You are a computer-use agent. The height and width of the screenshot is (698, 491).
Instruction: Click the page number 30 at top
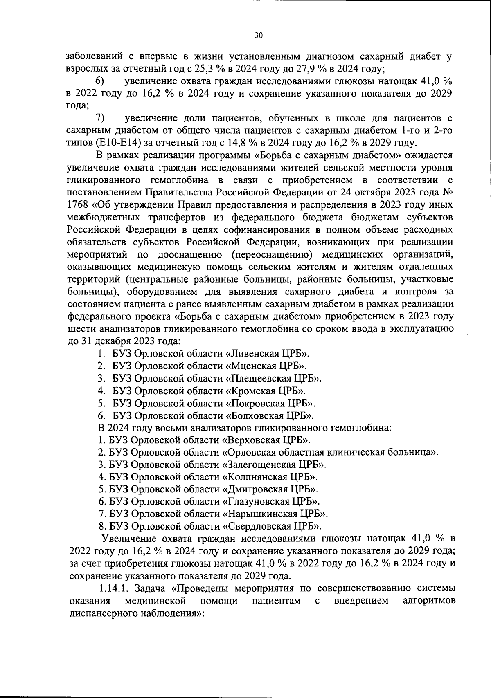[258, 35]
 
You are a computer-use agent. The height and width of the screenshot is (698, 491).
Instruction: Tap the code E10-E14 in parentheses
[119, 143]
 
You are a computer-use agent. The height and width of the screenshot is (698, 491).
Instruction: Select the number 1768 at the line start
[77, 204]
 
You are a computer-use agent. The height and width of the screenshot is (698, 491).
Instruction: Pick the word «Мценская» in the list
[251, 366]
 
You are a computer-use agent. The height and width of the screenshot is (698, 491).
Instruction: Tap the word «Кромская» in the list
[251, 391]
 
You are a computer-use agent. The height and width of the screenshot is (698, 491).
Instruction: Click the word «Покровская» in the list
[255, 403]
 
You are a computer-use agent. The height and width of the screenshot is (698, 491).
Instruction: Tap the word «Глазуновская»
[255, 501]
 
